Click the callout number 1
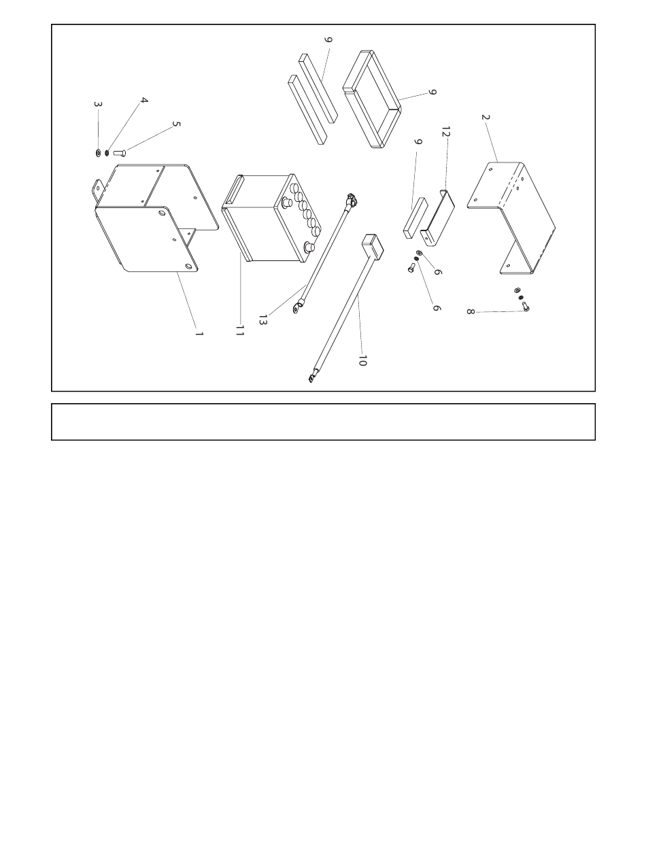coord(199,333)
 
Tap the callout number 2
coord(486,117)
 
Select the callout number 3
coord(98,104)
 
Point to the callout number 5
coord(177,124)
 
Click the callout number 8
coord(471,311)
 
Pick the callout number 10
coord(362,360)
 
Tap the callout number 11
coord(240,330)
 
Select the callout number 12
coord(446,132)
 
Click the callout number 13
coord(263,320)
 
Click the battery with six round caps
coord(273,218)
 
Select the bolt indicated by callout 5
coord(120,153)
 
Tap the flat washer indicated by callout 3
coord(98,153)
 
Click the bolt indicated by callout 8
coord(526,307)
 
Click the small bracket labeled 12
coord(438,218)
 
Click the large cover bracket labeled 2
coord(511,218)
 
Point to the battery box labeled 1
coord(155,218)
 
